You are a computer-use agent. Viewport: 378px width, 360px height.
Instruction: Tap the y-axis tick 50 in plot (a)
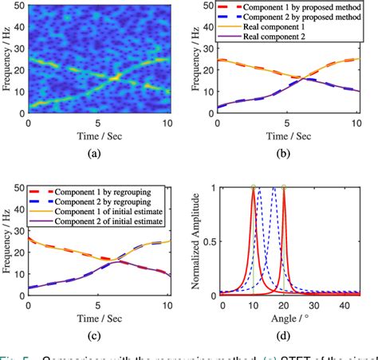(x=18, y=6)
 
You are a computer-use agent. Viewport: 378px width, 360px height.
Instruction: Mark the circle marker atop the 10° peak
(x=254, y=188)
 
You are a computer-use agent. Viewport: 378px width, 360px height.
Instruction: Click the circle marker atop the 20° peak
(x=284, y=188)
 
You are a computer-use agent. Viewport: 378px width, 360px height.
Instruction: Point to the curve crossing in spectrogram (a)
(x=116, y=77)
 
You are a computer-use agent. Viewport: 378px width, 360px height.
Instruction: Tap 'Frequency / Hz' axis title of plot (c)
(x=7, y=243)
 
